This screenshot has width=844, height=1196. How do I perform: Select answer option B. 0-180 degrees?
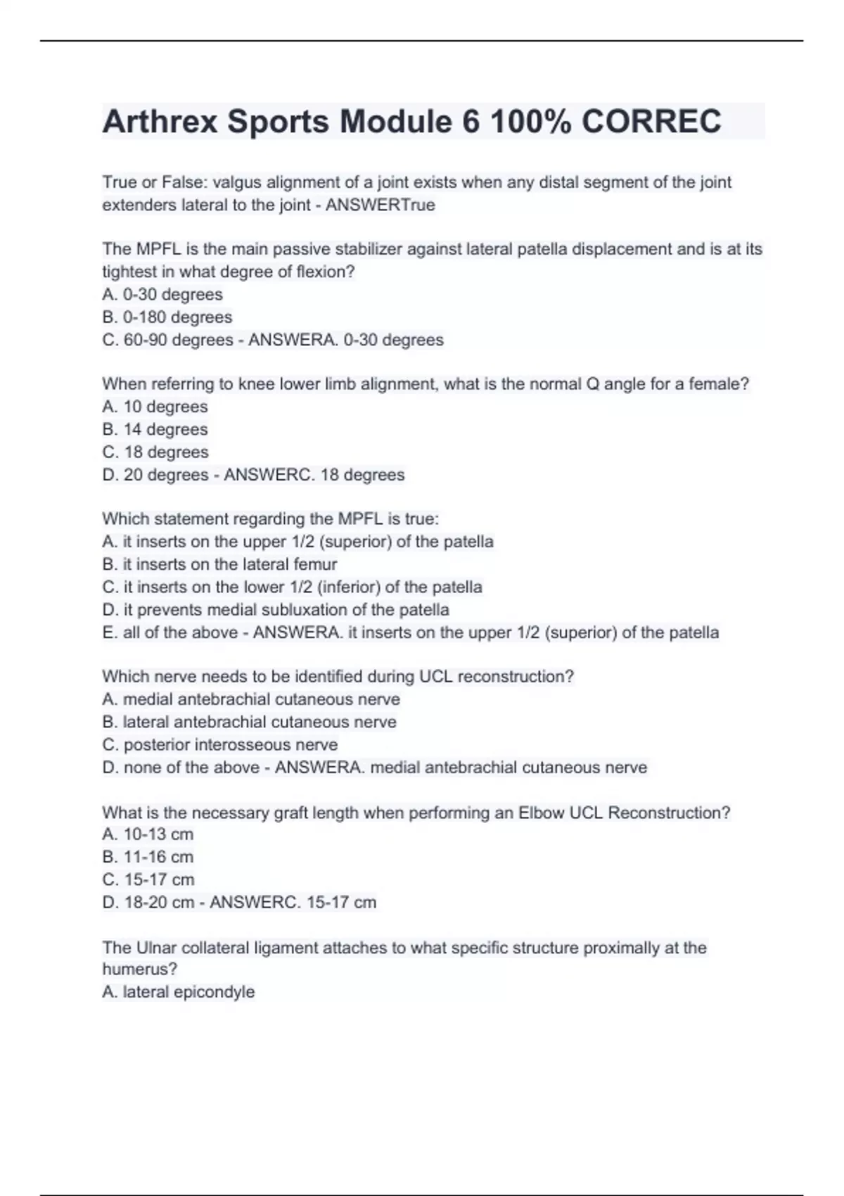point(167,317)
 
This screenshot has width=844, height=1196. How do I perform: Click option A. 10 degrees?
point(155,407)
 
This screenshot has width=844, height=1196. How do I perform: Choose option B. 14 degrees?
point(155,429)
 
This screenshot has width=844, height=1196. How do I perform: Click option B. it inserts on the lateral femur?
point(219,564)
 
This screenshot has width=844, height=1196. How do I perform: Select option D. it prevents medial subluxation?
point(276,609)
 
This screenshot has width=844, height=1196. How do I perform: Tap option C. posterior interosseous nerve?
point(219,744)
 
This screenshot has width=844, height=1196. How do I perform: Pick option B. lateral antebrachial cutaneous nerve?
point(249,722)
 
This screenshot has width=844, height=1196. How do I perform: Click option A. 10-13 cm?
point(148,834)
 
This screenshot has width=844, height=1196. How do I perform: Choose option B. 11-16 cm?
point(148,857)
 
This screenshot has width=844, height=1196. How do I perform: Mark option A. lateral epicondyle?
point(179,992)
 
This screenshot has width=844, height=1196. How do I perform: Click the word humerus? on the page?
point(140,969)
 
